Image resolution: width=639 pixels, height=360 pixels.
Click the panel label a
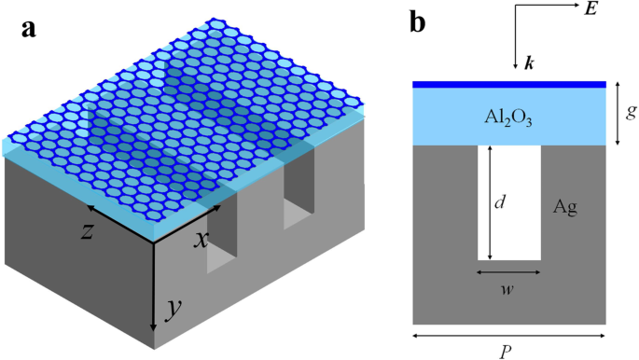coord(30,27)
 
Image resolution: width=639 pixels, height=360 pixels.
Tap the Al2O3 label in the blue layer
coord(509,117)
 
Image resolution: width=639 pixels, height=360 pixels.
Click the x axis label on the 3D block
coord(201,239)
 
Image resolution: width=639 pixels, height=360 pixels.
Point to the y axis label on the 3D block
coord(172,310)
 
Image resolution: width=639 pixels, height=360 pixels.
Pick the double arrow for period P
coord(509,331)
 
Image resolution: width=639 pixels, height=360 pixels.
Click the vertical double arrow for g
coord(618,113)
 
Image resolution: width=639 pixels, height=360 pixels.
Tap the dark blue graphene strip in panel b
coord(509,84)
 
